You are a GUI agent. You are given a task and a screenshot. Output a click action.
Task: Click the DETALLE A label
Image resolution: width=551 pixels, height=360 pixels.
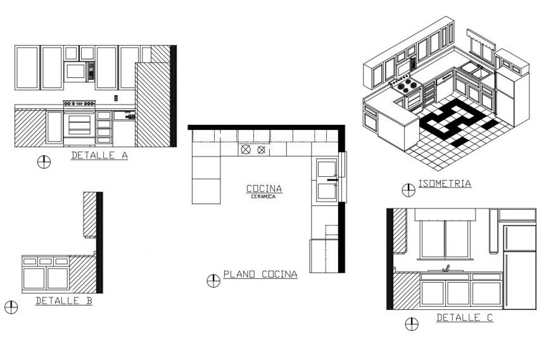(99, 155)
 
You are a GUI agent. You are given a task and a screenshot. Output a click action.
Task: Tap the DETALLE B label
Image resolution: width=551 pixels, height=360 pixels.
(63, 301)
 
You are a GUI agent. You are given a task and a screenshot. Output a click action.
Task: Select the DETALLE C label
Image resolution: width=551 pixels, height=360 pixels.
(464, 318)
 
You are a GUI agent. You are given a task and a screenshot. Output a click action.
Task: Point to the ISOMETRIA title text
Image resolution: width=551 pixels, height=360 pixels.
(445, 184)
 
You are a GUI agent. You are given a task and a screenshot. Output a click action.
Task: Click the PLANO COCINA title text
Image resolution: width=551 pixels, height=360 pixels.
(260, 274)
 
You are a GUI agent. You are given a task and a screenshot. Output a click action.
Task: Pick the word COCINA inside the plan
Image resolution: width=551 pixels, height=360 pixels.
(264, 188)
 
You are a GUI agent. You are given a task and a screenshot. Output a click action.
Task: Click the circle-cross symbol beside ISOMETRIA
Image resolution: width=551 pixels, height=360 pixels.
(408, 189)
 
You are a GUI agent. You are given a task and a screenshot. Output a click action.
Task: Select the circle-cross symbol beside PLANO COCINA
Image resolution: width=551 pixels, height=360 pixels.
(213, 280)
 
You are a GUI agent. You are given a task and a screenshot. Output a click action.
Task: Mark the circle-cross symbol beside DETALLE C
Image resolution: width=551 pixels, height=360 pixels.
(412, 325)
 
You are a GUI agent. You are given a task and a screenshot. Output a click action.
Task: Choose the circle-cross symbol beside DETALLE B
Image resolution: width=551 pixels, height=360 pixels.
(11, 307)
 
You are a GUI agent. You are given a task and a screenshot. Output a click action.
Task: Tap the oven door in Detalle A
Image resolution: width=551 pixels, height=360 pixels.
(79, 124)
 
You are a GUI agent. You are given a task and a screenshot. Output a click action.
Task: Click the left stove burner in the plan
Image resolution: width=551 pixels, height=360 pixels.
(244, 151)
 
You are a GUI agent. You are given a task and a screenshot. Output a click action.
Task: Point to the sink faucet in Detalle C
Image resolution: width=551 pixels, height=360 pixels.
(446, 269)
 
